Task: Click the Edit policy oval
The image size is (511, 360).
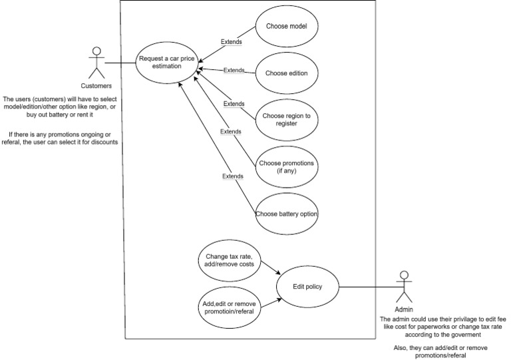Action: click(307, 287)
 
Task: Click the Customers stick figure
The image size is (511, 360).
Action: click(96, 63)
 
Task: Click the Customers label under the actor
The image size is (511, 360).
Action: click(96, 86)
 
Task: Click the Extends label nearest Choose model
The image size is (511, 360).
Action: click(231, 42)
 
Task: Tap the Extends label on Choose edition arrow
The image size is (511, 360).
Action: click(234, 70)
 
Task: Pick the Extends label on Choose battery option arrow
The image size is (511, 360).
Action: click(232, 176)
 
